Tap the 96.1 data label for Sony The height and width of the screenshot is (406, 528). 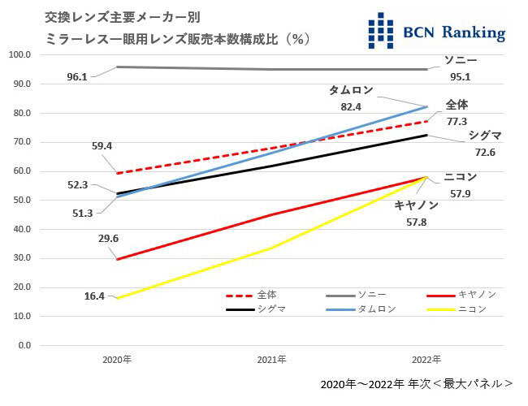[x=77, y=77]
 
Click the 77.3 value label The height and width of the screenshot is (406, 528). [x=457, y=120]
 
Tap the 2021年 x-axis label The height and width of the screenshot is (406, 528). [x=272, y=359]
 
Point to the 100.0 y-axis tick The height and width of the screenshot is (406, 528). [x=19, y=54]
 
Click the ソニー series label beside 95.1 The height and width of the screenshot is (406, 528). [x=461, y=61]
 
